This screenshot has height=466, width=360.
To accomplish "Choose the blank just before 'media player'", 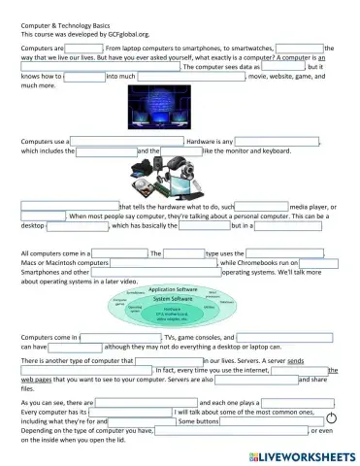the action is click(262, 207).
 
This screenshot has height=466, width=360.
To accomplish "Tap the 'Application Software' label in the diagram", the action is click(173, 289).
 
